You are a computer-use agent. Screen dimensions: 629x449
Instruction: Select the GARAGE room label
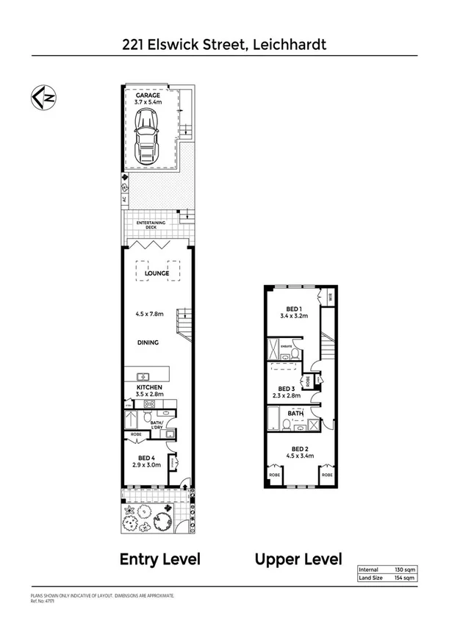148,96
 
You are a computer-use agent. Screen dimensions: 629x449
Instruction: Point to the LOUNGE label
157,273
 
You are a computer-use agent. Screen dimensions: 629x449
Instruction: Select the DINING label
148,342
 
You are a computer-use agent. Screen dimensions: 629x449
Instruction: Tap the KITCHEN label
149,387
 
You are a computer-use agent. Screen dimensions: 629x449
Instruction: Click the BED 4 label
143,458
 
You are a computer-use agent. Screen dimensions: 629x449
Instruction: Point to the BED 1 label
292,309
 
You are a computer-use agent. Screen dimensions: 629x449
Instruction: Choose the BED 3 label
287,389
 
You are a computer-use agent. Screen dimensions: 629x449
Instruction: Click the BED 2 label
298,448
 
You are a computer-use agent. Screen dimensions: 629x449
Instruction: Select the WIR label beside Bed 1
331,298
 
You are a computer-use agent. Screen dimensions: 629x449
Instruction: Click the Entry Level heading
160,559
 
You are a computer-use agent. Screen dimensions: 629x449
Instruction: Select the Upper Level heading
298,559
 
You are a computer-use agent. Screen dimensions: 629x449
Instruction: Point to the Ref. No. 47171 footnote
43,600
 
